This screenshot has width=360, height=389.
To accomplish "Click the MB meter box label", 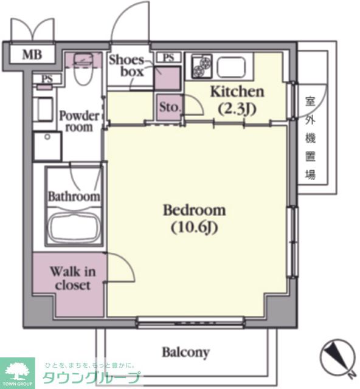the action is pyautogui.click(x=32, y=55).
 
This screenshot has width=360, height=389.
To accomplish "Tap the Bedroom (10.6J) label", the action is pyautogui.click(x=195, y=219).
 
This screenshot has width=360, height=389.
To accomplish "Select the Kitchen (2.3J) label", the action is pyautogui.click(x=237, y=100).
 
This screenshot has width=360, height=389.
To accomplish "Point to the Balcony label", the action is pyautogui.click(x=185, y=353).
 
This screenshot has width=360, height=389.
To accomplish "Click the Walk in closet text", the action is pyautogui.click(x=73, y=278).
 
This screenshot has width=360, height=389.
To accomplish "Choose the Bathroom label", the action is pyautogui.click(x=74, y=196).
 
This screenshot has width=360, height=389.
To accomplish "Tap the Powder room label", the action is pyautogui.click(x=79, y=122).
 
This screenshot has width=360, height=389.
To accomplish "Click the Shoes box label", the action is pyautogui.click(x=126, y=66).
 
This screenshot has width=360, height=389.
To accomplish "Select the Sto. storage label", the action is pyautogui.click(x=170, y=107).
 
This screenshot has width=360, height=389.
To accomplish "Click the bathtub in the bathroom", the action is pyautogui.click(x=74, y=226).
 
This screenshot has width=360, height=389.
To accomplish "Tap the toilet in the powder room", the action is pyautogui.click(x=84, y=69).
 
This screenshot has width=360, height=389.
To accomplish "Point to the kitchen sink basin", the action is pyautogui.click(x=232, y=66).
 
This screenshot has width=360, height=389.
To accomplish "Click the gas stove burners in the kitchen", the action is pyautogui.click(x=202, y=66).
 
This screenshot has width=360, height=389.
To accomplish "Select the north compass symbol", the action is pyautogui.click(x=338, y=359).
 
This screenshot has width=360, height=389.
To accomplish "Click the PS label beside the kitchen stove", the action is pyautogui.click(x=168, y=58).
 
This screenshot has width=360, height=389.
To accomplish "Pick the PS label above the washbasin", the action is pyautogui.click(x=47, y=79).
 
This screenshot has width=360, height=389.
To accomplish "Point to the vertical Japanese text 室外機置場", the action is pyautogui.click(x=310, y=138).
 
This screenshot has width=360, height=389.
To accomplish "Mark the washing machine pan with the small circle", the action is pyautogui.click(x=47, y=146).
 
